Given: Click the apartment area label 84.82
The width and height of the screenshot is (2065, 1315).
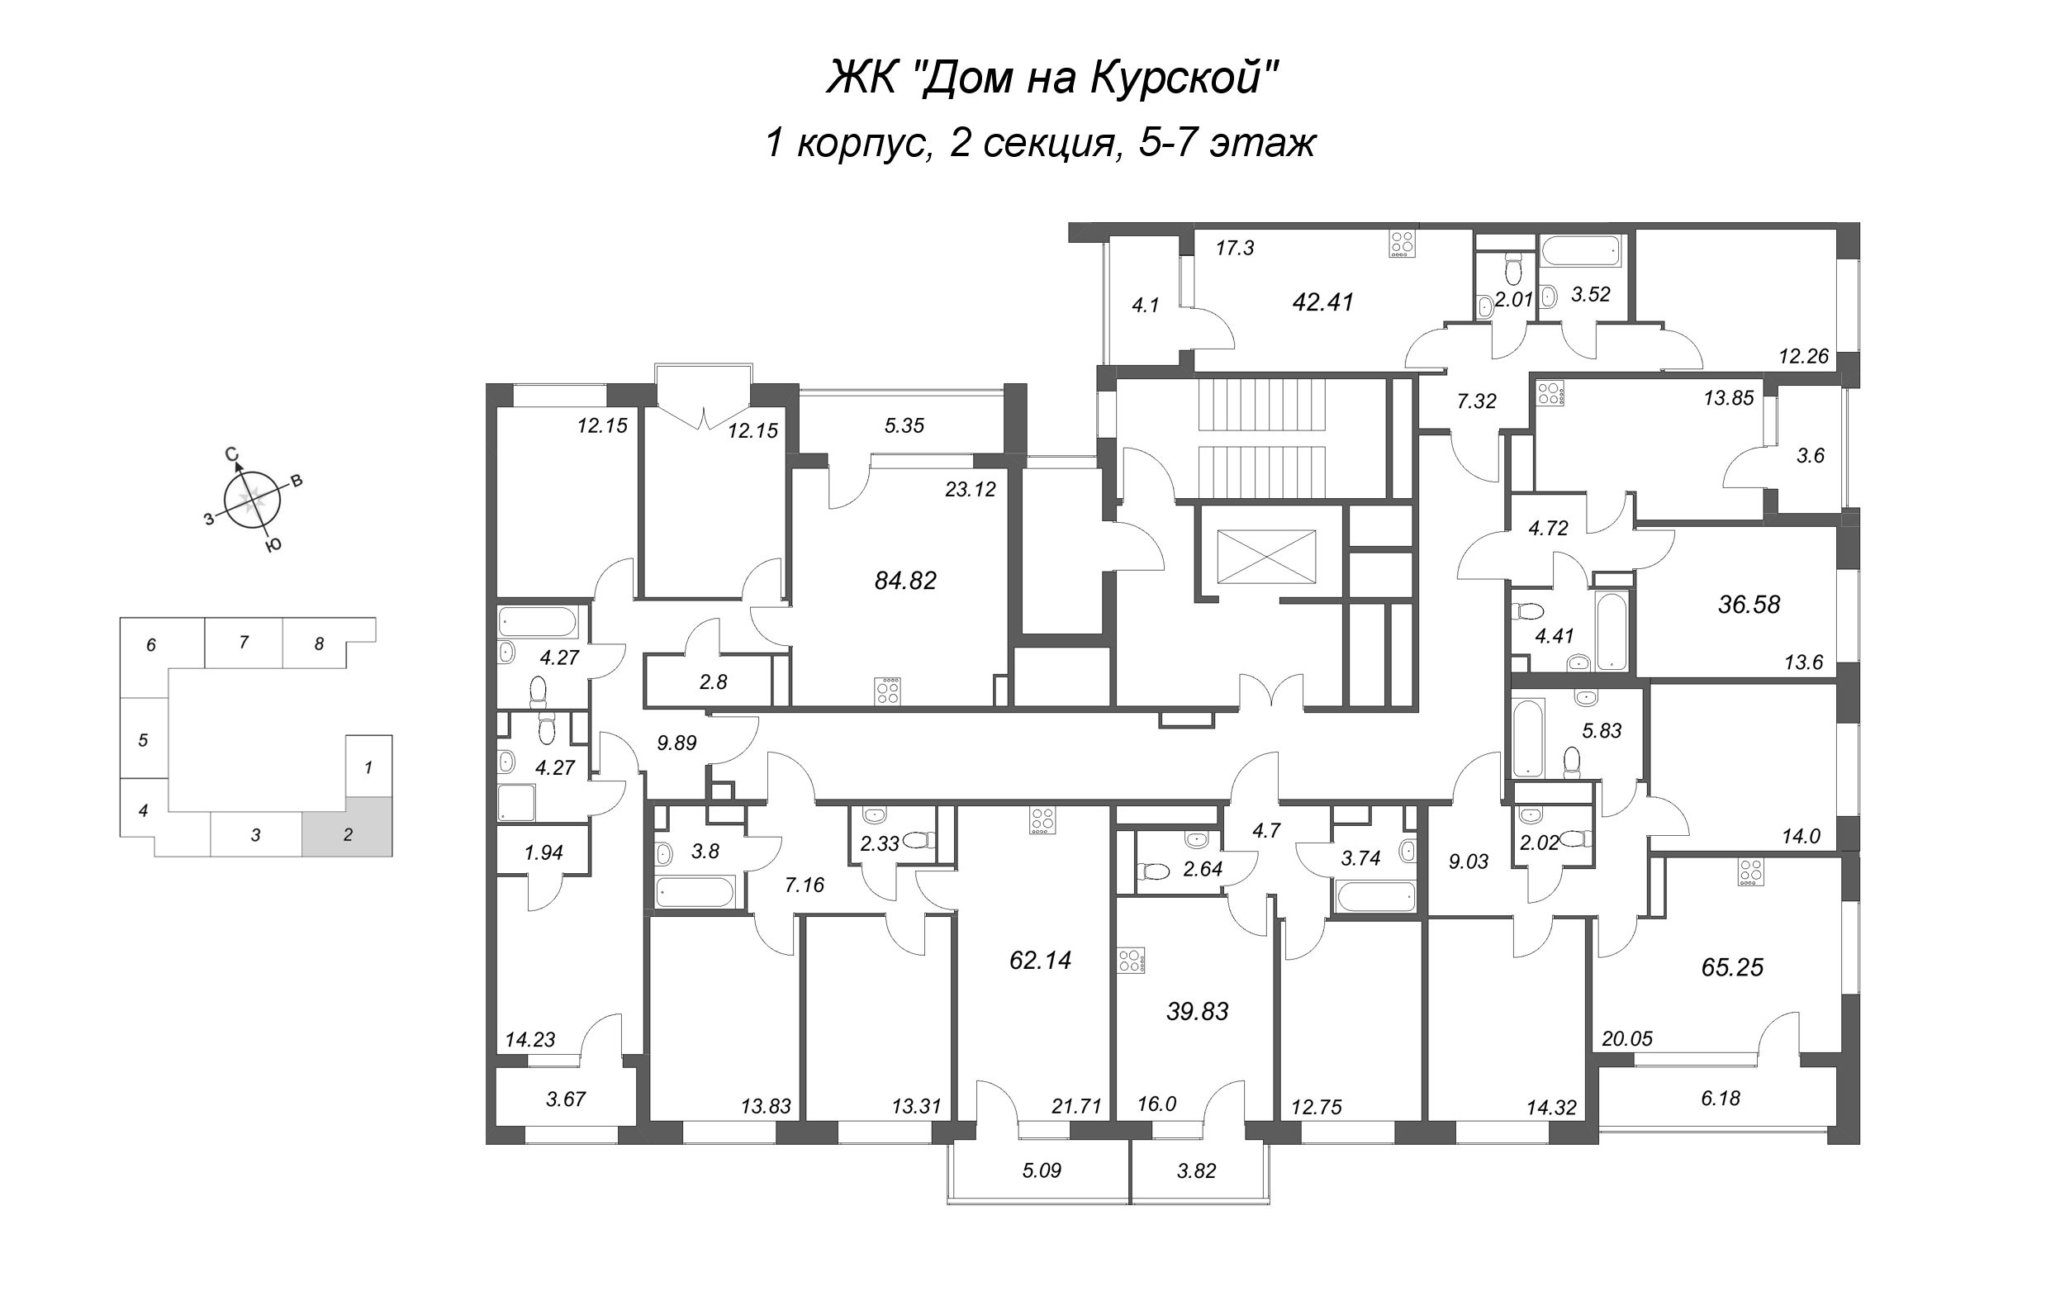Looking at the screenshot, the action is point(904,581).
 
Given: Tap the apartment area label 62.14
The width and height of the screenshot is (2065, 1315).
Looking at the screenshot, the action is point(1040,960).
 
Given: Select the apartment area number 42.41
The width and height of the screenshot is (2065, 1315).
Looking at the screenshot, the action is point(1322,302).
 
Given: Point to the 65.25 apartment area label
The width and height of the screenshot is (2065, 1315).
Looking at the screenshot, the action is point(1732,966).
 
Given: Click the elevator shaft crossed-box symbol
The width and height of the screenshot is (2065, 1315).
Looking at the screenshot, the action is point(1265,557).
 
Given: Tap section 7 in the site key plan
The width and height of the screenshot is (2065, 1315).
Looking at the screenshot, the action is point(244,642).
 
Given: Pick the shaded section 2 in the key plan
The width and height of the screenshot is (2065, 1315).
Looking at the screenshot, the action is point(347,827).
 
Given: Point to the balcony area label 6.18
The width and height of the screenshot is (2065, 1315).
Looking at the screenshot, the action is point(1721,1098).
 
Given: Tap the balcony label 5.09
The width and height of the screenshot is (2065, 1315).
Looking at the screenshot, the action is point(1042,1170).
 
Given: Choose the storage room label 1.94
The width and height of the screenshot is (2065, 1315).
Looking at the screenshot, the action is point(543,852).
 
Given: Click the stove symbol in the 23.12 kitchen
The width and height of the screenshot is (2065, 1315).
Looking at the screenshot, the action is point(888,691).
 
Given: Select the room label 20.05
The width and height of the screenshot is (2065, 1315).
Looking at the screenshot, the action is point(1626,1039).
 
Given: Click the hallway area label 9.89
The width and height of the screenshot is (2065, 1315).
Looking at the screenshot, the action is point(676,743).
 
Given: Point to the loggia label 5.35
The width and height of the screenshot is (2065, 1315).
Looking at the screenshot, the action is point(904,425).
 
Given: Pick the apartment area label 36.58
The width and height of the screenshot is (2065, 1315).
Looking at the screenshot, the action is point(1749,605).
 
